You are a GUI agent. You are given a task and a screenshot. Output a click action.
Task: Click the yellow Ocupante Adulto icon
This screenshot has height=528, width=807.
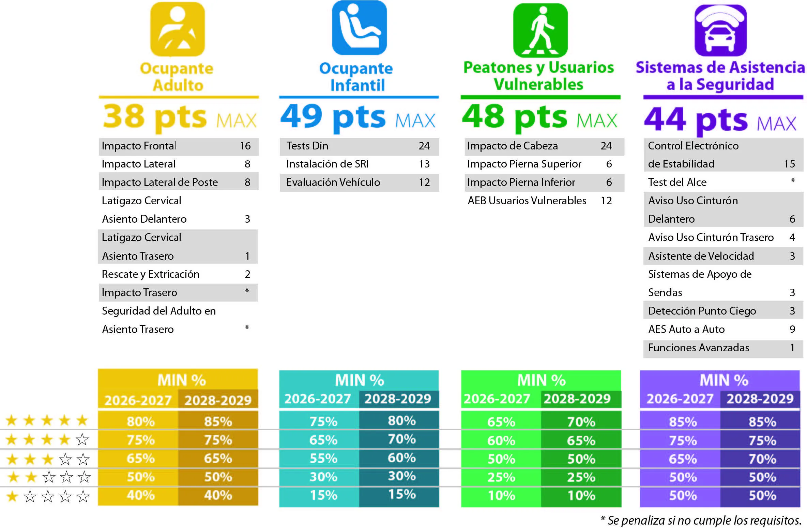[x=178, y=29]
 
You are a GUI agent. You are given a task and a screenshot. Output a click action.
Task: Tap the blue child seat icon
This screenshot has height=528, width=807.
[x=359, y=28]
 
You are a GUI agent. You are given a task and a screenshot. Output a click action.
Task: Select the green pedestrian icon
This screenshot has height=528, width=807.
[x=540, y=30]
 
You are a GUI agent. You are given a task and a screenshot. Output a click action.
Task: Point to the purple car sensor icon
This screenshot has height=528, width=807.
[x=721, y=30]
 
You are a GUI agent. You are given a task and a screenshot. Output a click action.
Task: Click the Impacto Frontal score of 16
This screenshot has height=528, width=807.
[x=245, y=146]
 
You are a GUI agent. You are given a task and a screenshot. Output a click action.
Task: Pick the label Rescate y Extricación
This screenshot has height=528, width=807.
[x=151, y=274]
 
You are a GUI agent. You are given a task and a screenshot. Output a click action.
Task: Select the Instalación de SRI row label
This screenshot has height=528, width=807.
[x=328, y=164]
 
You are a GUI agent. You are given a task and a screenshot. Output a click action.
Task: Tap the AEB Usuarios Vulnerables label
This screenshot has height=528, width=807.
[x=527, y=201]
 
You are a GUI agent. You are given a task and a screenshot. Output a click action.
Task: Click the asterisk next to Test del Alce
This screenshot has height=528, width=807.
[x=793, y=180]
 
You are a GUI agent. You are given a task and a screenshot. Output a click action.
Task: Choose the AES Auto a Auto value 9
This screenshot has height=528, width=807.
[x=792, y=329]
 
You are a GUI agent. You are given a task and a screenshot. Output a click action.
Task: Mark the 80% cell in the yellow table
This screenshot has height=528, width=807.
[x=140, y=421]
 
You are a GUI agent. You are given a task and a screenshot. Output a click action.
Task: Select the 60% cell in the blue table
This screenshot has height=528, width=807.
[x=402, y=458]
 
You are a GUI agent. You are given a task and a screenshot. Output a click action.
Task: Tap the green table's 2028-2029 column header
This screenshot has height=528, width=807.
[x=577, y=399]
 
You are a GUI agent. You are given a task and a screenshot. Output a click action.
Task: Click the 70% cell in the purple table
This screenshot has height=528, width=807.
[x=763, y=459]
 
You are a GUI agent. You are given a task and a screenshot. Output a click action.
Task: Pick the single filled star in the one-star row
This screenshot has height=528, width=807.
[x=12, y=496]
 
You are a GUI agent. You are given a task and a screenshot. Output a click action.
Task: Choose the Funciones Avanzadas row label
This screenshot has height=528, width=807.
[x=699, y=348]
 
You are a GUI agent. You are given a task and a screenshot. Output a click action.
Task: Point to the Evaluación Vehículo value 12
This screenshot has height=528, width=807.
[x=424, y=182]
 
